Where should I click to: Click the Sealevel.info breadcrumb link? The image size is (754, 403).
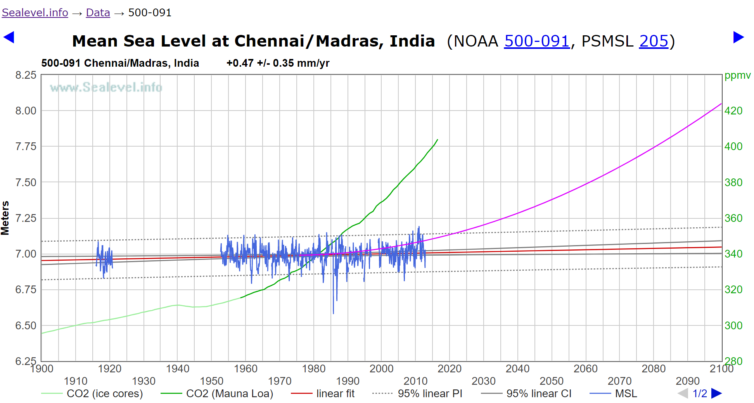35,13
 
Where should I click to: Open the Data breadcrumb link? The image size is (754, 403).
98,13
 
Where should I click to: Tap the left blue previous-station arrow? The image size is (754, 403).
9,37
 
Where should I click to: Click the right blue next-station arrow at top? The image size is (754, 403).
738,37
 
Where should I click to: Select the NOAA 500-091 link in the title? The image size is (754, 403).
536,41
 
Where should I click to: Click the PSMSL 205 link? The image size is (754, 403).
654,41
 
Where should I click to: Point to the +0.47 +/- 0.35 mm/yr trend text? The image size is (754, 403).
278,63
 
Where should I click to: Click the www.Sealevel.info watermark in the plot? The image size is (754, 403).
106,87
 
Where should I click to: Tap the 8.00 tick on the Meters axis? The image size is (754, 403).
26,111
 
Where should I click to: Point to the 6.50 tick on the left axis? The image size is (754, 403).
26,326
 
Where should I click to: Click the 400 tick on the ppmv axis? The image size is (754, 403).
733,147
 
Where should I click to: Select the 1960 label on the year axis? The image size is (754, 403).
246,368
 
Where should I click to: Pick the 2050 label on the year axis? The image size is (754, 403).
552,381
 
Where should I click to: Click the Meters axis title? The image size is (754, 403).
5,218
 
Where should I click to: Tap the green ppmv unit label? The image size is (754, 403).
737,75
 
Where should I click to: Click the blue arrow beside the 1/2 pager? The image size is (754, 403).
717,394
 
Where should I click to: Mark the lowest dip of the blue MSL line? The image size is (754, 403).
333,313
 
